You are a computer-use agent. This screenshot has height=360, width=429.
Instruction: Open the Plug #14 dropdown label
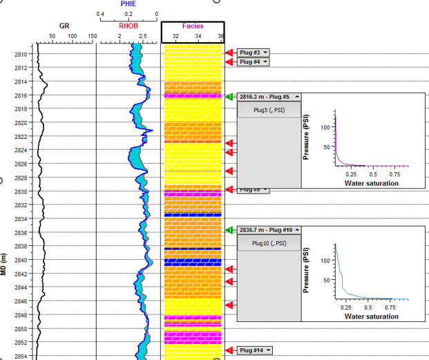(x=254, y=350)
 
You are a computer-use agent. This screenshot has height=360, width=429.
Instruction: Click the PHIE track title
(x=128, y=4)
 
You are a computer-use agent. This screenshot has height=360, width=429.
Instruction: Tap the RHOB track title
(x=129, y=26)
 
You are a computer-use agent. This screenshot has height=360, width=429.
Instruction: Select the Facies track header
(x=193, y=26)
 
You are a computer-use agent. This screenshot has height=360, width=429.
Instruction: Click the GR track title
(x=64, y=26)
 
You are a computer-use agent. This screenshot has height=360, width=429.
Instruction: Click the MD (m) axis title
(x=5, y=265)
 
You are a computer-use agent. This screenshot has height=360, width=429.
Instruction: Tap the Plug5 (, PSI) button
(x=269, y=110)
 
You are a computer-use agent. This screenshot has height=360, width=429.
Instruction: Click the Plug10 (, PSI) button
(x=269, y=243)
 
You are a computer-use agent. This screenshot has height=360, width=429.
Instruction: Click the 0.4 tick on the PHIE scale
(x=100, y=14)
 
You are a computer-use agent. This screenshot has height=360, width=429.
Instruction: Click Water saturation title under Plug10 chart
(x=371, y=316)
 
